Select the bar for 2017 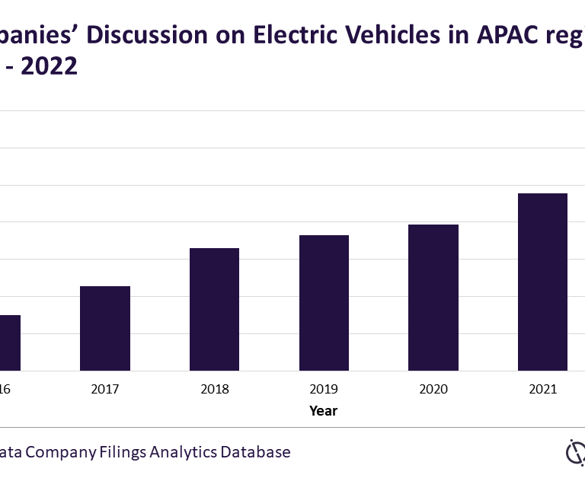(x=105, y=328)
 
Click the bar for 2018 (x=214, y=309)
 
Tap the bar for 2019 (x=324, y=303)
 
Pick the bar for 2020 (x=433, y=298)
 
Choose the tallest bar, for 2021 (x=542, y=282)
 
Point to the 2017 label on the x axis (x=105, y=389)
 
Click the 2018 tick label (x=214, y=389)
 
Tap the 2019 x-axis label (x=324, y=389)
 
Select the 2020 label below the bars (x=433, y=389)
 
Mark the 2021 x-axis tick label (x=542, y=389)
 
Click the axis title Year (x=323, y=411)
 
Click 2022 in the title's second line (x=49, y=67)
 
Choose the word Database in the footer (x=255, y=452)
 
